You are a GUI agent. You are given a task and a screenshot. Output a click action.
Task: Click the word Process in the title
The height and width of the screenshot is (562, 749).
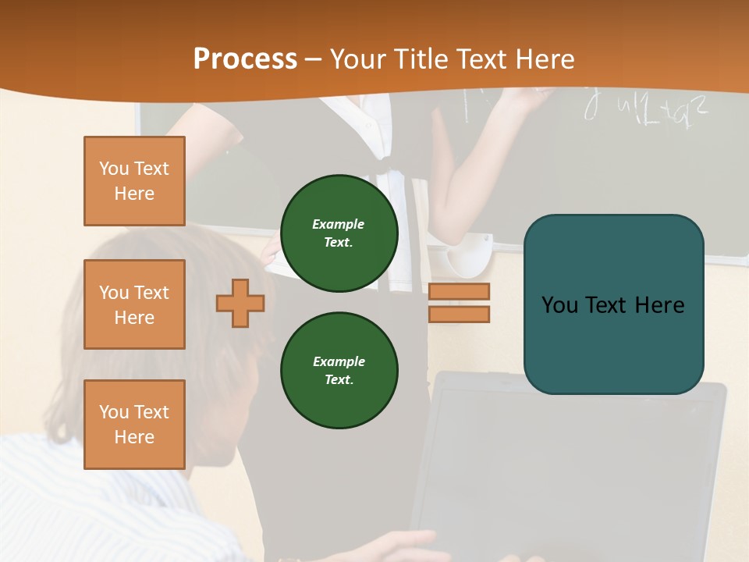[x=245, y=59]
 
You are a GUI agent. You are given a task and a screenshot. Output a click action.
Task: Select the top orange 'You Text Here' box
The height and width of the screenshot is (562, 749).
[x=134, y=181]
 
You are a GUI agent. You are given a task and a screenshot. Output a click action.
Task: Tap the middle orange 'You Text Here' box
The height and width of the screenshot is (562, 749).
[x=134, y=304]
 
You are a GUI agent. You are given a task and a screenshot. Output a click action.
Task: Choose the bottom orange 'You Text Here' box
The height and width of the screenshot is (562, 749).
[x=134, y=425]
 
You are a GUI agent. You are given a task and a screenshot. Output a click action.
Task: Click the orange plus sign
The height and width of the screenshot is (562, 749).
[x=240, y=303]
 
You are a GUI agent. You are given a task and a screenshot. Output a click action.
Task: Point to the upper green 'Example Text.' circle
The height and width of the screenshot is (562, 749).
[x=339, y=233]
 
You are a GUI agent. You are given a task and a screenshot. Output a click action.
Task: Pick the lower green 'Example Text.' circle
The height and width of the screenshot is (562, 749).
[x=339, y=371]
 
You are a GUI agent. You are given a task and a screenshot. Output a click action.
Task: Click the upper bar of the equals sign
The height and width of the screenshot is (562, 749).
[x=459, y=292]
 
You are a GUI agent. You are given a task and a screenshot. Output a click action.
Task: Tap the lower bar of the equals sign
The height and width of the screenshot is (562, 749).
[x=459, y=315]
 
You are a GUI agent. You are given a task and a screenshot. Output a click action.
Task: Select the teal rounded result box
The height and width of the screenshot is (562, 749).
[x=613, y=304]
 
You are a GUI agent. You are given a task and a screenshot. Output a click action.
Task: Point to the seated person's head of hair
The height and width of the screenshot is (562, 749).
[x=156, y=297]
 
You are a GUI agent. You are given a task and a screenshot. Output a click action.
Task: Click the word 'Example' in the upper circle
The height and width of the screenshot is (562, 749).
[x=339, y=224]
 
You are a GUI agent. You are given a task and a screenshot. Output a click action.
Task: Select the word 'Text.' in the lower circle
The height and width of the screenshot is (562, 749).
[x=339, y=380]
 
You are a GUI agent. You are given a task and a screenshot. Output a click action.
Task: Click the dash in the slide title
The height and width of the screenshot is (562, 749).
[x=314, y=59]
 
